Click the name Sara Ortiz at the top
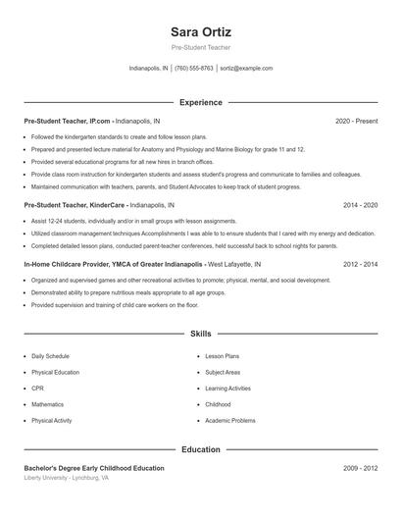click(201, 31)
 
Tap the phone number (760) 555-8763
click(193, 69)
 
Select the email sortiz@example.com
click(246, 69)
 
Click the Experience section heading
click(201, 102)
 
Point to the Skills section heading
click(201, 335)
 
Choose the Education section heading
click(201, 449)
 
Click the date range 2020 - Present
click(356, 121)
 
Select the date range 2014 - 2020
click(360, 206)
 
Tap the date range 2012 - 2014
click(360, 265)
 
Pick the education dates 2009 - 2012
click(360, 469)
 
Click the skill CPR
click(37, 389)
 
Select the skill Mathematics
click(47, 404)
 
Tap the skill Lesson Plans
click(222, 356)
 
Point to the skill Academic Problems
click(230, 420)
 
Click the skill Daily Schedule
click(50, 356)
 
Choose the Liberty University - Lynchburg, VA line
click(67, 479)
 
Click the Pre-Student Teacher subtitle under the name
click(201, 47)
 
